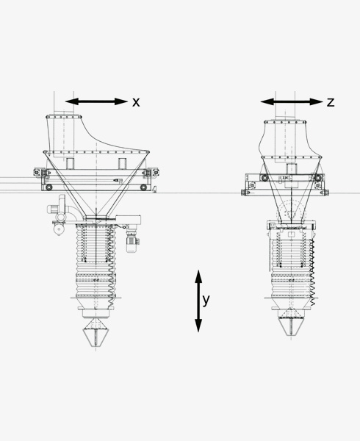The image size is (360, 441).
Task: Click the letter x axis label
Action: coord(136,102)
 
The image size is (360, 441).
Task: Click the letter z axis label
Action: coord(331,102)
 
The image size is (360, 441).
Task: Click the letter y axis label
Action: coord(206,300)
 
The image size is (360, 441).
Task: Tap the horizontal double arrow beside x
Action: coord(96,101)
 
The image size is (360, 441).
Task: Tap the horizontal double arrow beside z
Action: coord(291,102)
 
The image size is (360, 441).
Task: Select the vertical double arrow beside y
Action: coord(198,301)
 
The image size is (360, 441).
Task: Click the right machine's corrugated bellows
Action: coord(292,257)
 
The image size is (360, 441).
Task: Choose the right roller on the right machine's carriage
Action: coord(317,179)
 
